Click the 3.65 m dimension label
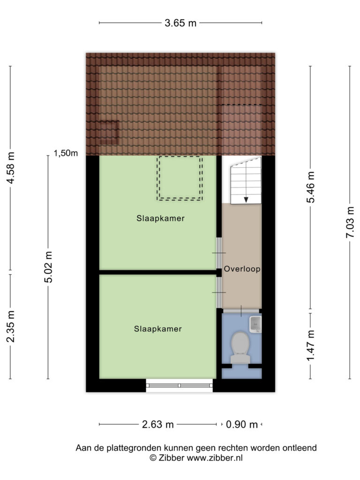pyautogui.click(x=180, y=23)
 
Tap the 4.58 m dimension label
pyautogui.click(x=11, y=168)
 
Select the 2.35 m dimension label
pyautogui.click(x=11, y=326)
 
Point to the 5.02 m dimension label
pyautogui.click(x=48, y=267)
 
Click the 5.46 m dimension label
pyautogui.click(x=311, y=187)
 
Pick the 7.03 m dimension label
pyautogui.click(x=350, y=222)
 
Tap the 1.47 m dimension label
pyautogui.click(x=311, y=345)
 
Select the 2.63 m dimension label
pyautogui.click(x=157, y=425)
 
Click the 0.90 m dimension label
pyautogui.click(x=242, y=425)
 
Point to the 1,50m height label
pyautogui.click(x=66, y=153)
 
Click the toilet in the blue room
pyautogui.click(x=240, y=348)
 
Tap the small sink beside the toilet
pyautogui.click(x=255, y=324)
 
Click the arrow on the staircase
pyautogui.click(x=246, y=200)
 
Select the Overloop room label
pyautogui.click(x=242, y=269)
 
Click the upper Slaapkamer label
pyautogui.click(x=160, y=218)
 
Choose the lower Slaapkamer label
pyautogui.click(x=158, y=329)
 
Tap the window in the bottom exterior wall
pyautogui.click(x=180, y=385)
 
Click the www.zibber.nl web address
pyautogui.click(x=215, y=458)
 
